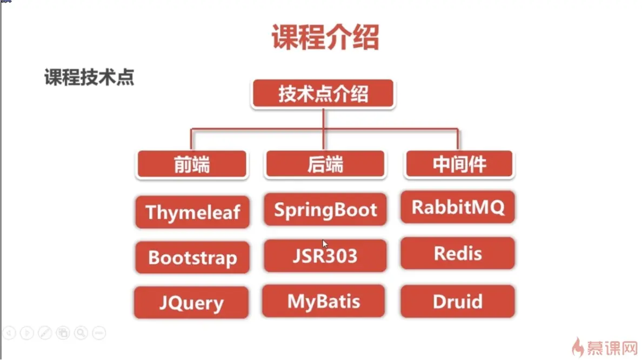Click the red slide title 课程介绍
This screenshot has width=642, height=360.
[325, 37]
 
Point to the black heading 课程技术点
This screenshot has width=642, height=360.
[89, 78]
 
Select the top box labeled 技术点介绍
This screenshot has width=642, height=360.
[323, 94]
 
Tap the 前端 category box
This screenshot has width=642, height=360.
[192, 164]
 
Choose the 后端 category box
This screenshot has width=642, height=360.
[324, 164]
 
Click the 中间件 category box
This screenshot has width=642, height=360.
[459, 164]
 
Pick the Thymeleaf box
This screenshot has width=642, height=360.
[192, 211]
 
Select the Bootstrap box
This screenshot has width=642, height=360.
[192, 257]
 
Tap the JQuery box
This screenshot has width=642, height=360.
[191, 302]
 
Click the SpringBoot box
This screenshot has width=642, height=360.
[325, 209]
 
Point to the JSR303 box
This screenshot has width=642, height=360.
[325, 255]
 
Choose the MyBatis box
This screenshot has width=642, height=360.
[323, 301]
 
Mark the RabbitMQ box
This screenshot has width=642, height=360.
[458, 207]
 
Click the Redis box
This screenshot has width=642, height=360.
[458, 254]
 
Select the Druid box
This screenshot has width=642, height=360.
[458, 301]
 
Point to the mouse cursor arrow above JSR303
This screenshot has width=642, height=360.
[325, 244]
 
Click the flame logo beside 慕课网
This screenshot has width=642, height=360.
[579, 346]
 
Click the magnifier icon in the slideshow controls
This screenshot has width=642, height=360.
[81, 333]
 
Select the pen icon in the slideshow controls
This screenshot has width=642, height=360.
[45, 333]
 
